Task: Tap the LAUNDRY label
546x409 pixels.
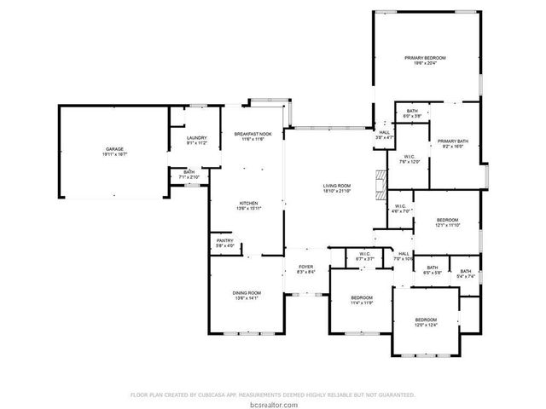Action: [x=197, y=140]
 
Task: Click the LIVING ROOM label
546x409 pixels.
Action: [x=337, y=187]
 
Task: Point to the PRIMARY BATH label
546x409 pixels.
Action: [x=452, y=143]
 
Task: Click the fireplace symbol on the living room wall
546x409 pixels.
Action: [x=377, y=182]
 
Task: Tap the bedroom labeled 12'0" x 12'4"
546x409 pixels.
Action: [x=425, y=321]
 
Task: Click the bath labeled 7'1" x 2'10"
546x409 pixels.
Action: [x=189, y=175]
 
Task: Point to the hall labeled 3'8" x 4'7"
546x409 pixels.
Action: [x=384, y=135]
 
